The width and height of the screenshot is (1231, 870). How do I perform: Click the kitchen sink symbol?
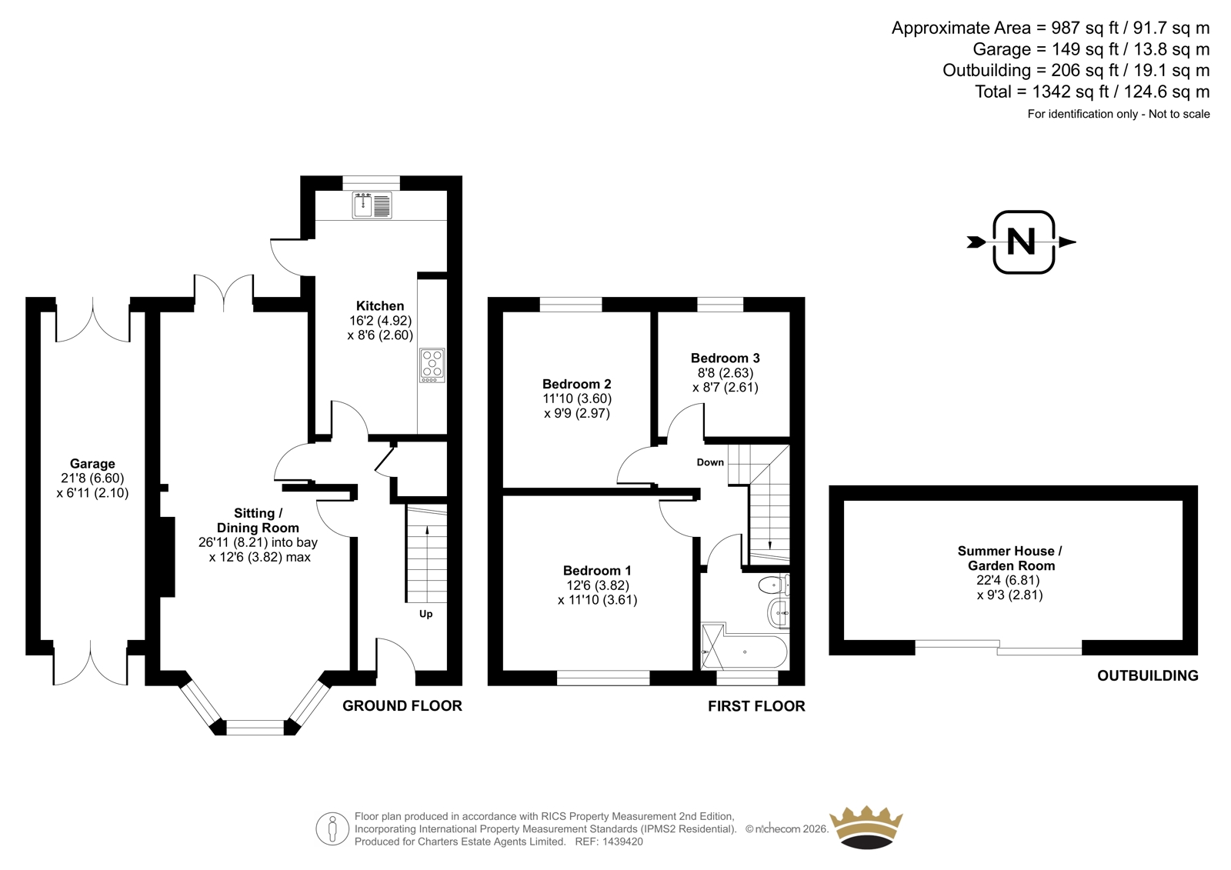pyautogui.click(x=372, y=205)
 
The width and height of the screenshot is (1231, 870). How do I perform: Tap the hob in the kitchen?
pyautogui.click(x=432, y=365)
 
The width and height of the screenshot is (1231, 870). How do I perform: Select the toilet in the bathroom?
pyautogui.click(x=774, y=585)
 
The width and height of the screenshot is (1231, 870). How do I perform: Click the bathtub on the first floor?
pyautogui.click(x=745, y=652)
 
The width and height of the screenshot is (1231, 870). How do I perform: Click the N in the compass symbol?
pyautogui.click(x=1021, y=242)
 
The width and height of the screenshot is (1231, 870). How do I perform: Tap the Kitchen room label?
pyautogui.click(x=380, y=305)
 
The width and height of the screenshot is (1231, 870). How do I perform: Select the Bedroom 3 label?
pyautogui.click(x=725, y=358)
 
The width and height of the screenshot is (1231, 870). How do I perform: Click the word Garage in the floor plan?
pyautogui.click(x=92, y=464)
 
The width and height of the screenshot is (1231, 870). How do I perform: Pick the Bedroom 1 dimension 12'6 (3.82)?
pyautogui.click(x=598, y=585)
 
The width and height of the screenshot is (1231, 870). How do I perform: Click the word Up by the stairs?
pyautogui.click(x=426, y=614)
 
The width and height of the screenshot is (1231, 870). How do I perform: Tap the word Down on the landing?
pyautogui.click(x=710, y=462)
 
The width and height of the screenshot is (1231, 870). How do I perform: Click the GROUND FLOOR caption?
pyautogui.click(x=402, y=705)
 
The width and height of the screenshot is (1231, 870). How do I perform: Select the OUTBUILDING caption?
pyautogui.click(x=1147, y=675)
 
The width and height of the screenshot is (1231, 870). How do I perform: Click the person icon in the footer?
pyautogui.click(x=332, y=828)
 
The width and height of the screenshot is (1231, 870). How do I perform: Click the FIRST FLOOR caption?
pyautogui.click(x=756, y=705)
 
